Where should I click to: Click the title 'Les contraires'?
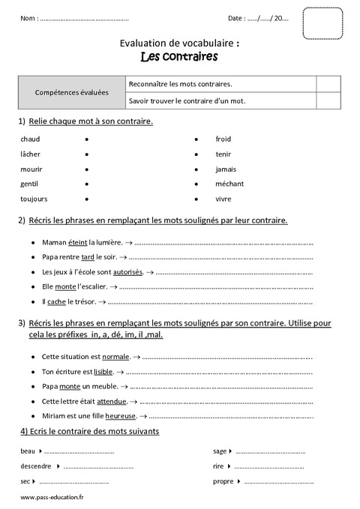[179, 56]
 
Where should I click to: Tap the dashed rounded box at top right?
[322, 22]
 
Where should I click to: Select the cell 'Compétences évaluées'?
[72, 92]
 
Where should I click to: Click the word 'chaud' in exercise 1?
[30, 139]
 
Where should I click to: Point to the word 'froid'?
[223, 139]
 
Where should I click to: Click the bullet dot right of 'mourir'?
[88, 169]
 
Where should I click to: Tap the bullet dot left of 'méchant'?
[196, 184]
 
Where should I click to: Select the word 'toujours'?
[34, 199]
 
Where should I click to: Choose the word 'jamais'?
[226, 169]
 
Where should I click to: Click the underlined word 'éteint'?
[78, 243]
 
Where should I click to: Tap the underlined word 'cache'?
[56, 301]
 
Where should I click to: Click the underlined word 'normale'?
[115, 357]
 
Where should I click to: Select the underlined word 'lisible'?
[103, 371]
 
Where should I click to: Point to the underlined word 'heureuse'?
[121, 415]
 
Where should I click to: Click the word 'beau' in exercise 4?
[28, 451]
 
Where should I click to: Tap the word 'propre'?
[223, 481]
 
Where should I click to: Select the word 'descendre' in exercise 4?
[36, 466]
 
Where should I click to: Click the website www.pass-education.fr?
[52, 498]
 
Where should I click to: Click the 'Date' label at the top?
[235, 18]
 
